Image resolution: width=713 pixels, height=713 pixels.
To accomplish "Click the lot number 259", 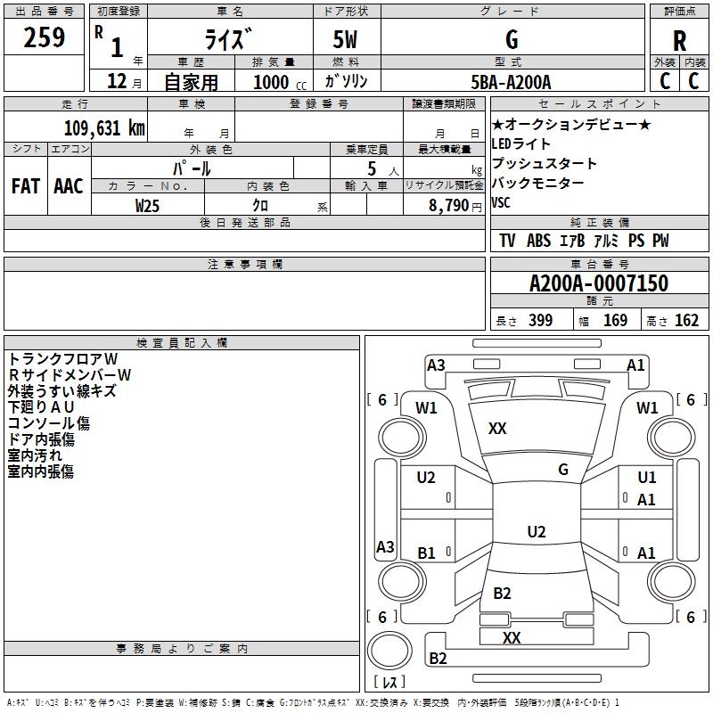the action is point(44,37).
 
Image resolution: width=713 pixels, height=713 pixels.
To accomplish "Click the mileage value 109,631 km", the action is point(104,128).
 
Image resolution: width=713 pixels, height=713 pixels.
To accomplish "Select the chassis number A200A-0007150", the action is point(599,283).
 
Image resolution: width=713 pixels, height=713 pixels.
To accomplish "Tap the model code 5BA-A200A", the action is point(511,82).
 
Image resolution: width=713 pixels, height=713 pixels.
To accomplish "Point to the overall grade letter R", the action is point(679,41).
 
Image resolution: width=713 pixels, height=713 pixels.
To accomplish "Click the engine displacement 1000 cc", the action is point(280,82).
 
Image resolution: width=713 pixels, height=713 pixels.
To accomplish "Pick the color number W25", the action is point(147,206).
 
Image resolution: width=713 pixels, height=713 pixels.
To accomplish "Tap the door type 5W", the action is point(345,39).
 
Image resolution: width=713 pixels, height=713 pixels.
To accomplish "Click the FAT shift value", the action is point(26,186).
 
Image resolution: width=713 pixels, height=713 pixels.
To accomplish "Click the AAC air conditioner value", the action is point(69,186).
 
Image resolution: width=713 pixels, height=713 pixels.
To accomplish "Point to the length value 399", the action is point(540,320).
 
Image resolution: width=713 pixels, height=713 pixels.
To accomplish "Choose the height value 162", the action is point(686,320).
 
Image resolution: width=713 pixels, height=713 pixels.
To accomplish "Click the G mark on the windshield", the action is point(563,470).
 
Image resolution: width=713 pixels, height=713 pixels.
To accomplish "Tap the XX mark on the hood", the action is point(497,429).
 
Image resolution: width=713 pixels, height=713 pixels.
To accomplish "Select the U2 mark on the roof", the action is point(537,531).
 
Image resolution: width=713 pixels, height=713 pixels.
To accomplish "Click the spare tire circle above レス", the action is point(389,651).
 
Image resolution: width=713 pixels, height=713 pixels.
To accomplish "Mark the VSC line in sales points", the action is point(501,202).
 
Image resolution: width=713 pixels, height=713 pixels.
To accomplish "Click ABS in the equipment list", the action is point(539,241).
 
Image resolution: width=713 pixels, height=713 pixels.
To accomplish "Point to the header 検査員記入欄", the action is point(182,343).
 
